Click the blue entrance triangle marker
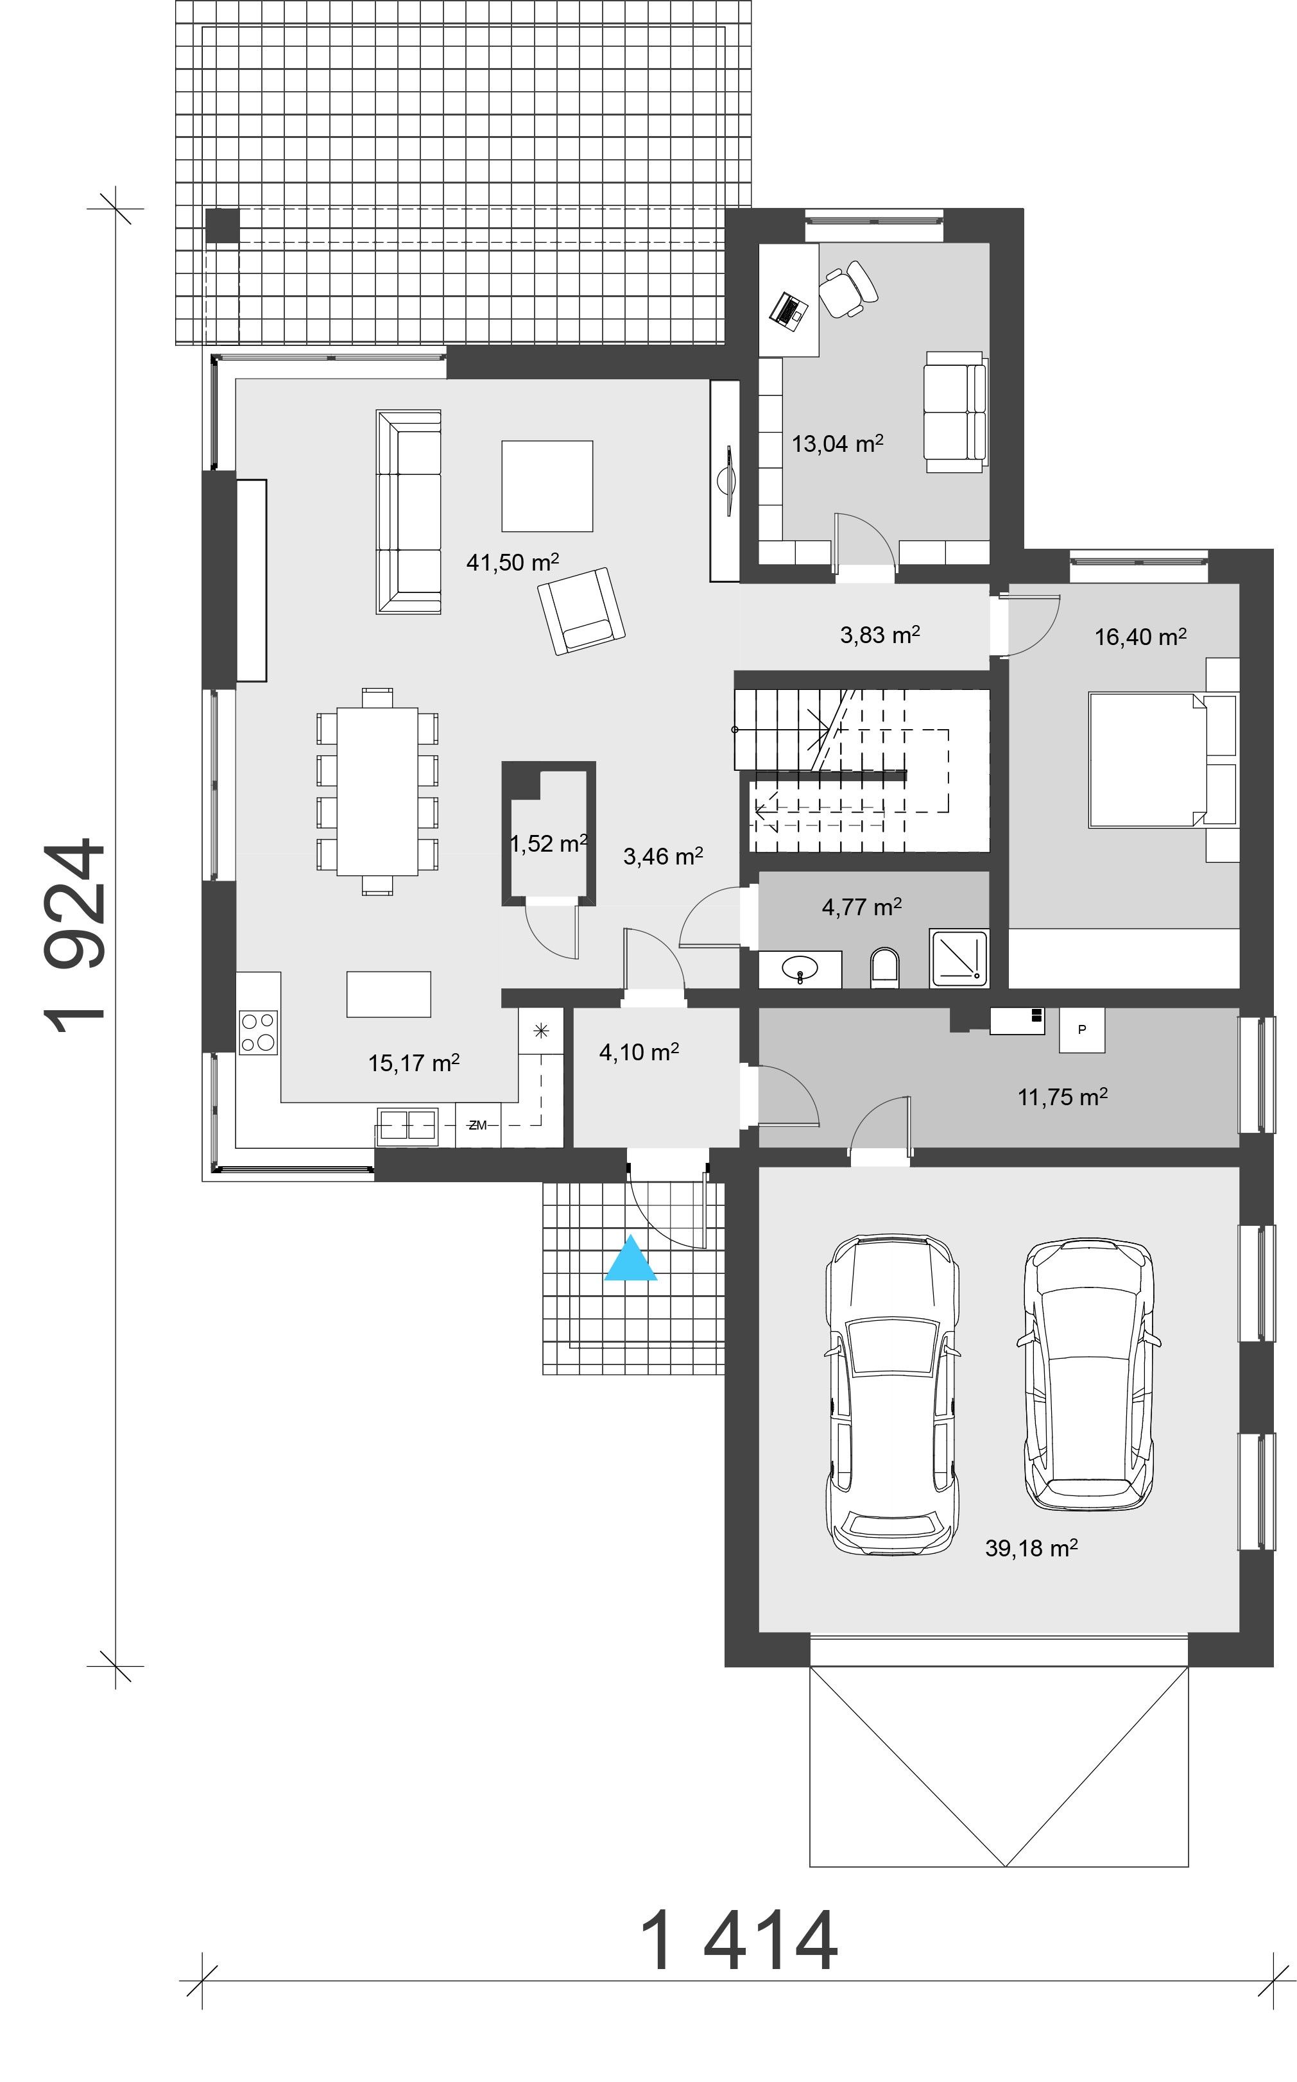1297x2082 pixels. point(631,1259)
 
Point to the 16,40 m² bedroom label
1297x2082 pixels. point(1140,637)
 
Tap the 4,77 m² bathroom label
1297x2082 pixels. point(861,907)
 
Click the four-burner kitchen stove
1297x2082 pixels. point(258,1032)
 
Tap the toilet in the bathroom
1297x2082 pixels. point(884,967)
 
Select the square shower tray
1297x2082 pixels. point(959,958)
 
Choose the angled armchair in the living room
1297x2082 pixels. point(581,611)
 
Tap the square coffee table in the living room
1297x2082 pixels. point(547,486)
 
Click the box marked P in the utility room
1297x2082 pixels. point(1082,1029)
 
